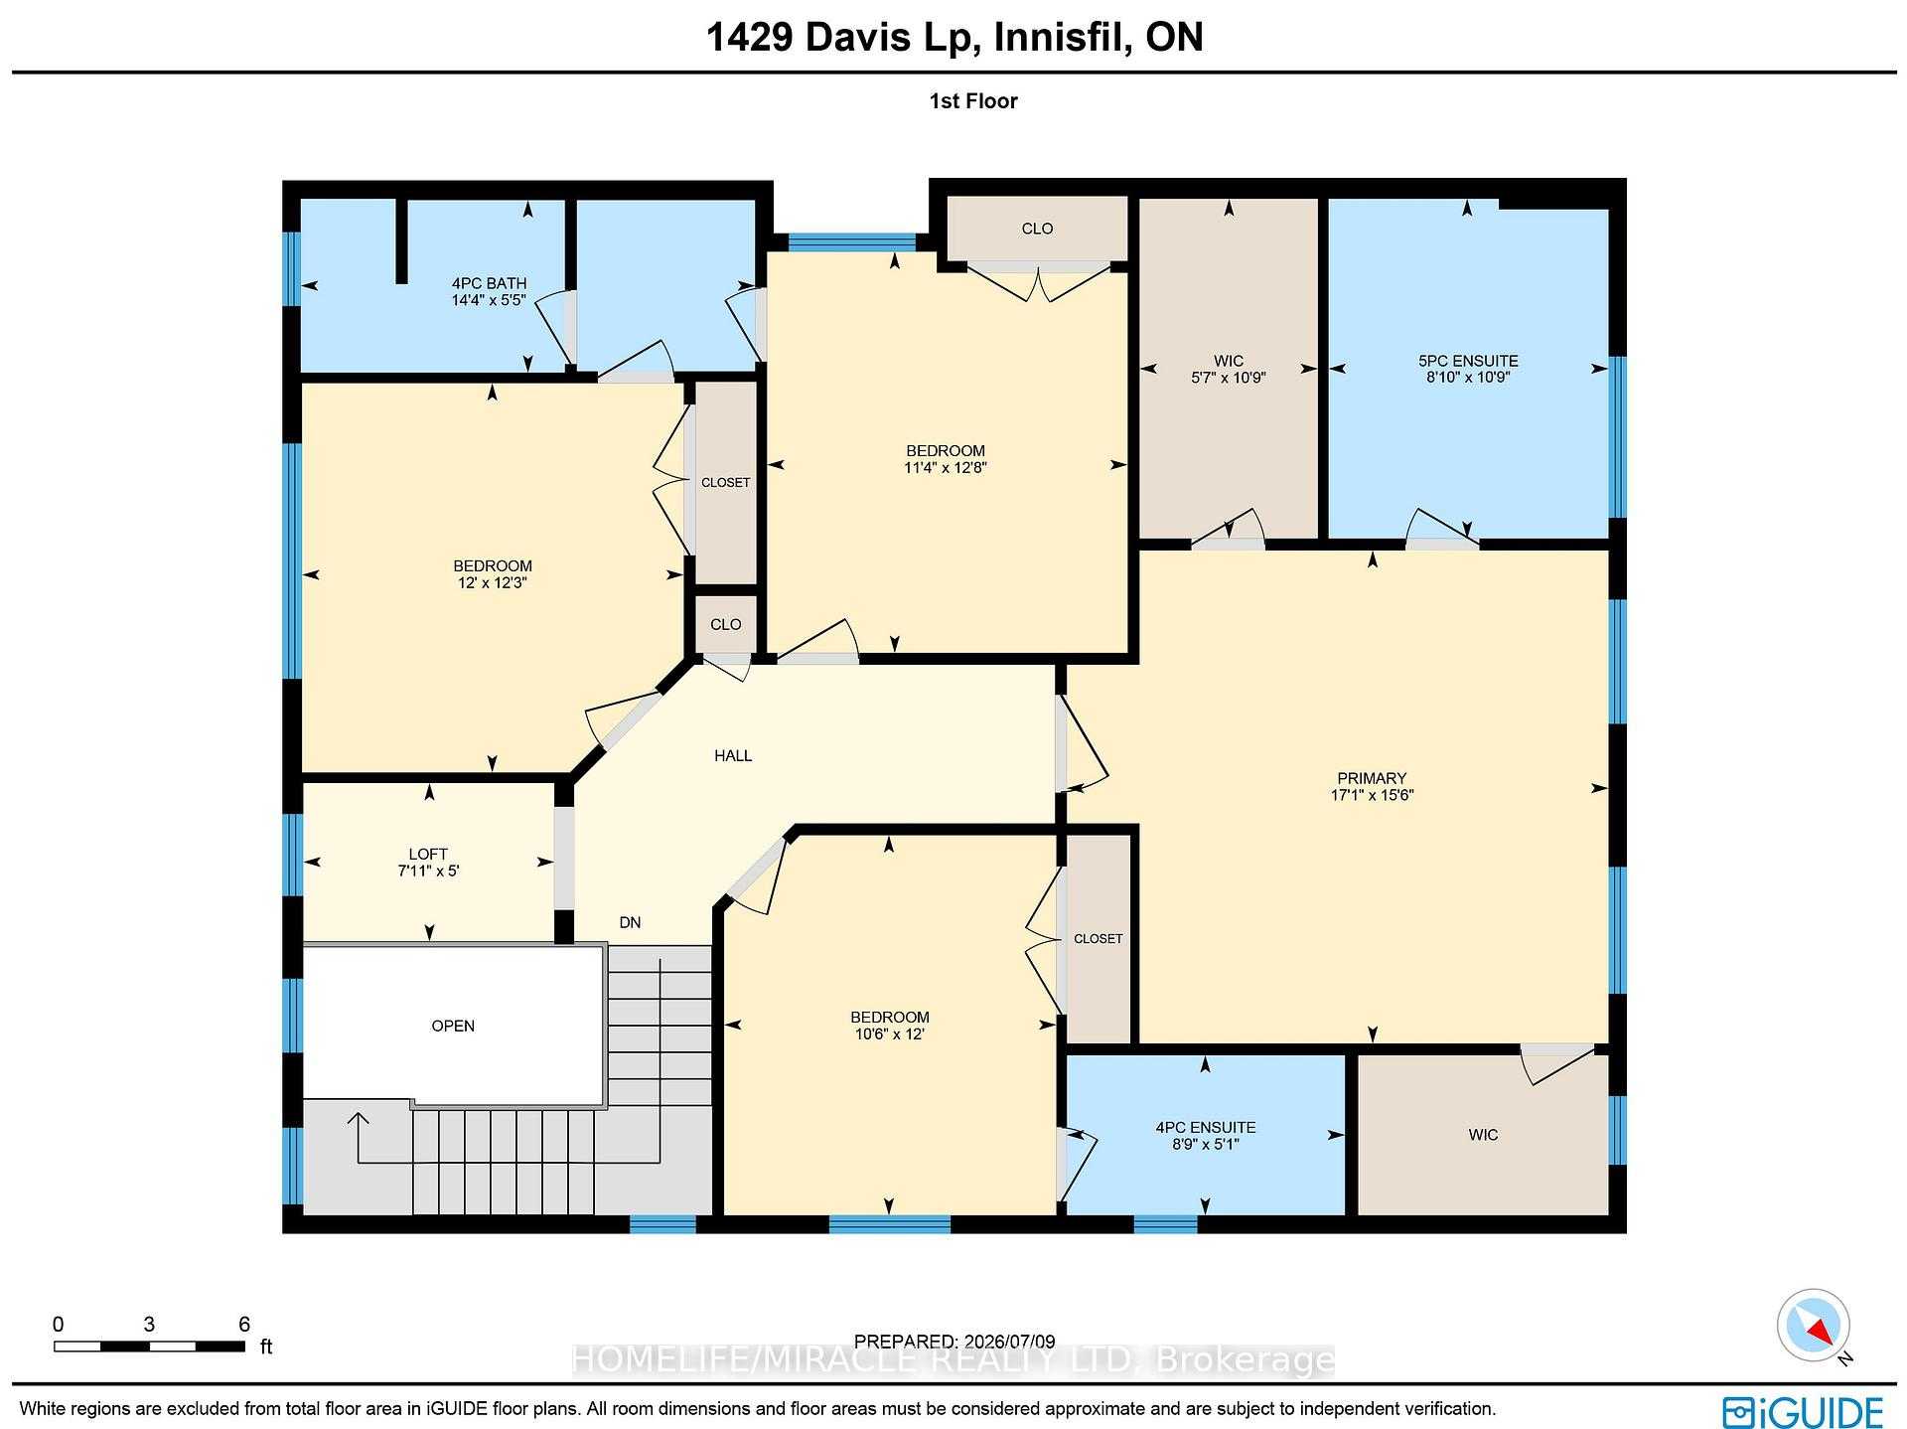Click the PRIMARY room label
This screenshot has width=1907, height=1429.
pyautogui.click(x=1372, y=778)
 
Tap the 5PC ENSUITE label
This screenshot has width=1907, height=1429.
pyautogui.click(x=1467, y=361)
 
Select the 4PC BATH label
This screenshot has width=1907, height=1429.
pyautogui.click(x=489, y=283)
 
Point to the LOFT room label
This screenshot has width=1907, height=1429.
pyautogui.click(x=428, y=854)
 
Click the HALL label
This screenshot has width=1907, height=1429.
pyautogui.click(x=733, y=755)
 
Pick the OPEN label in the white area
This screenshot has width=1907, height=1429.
pyautogui.click(x=453, y=1026)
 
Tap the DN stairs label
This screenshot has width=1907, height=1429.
pyautogui.click(x=630, y=922)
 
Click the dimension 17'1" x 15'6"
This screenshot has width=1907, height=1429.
pyautogui.click(x=1372, y=795)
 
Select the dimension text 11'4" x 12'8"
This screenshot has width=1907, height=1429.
pyautogui.click(x=945, y=467)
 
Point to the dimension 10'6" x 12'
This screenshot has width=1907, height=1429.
pyautogui.click(x=889, y=1033)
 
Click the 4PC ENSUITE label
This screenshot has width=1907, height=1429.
pyautogui.click(x=1206, y=1127)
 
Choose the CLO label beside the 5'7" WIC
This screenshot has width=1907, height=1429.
pyautogui.click(x=1037, y=229)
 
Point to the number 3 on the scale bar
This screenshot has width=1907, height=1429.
pyautogui.click(x=149, y=1324)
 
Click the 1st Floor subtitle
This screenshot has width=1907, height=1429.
pyautogui.click(x=973, y=101)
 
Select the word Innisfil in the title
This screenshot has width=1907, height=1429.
pyautogui.click(x=1061, y=38)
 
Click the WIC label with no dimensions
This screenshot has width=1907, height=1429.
pyautogui.click(x=1483, y=1135)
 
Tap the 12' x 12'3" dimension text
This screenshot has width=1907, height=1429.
pyautogui.click(x=493, y=583)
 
